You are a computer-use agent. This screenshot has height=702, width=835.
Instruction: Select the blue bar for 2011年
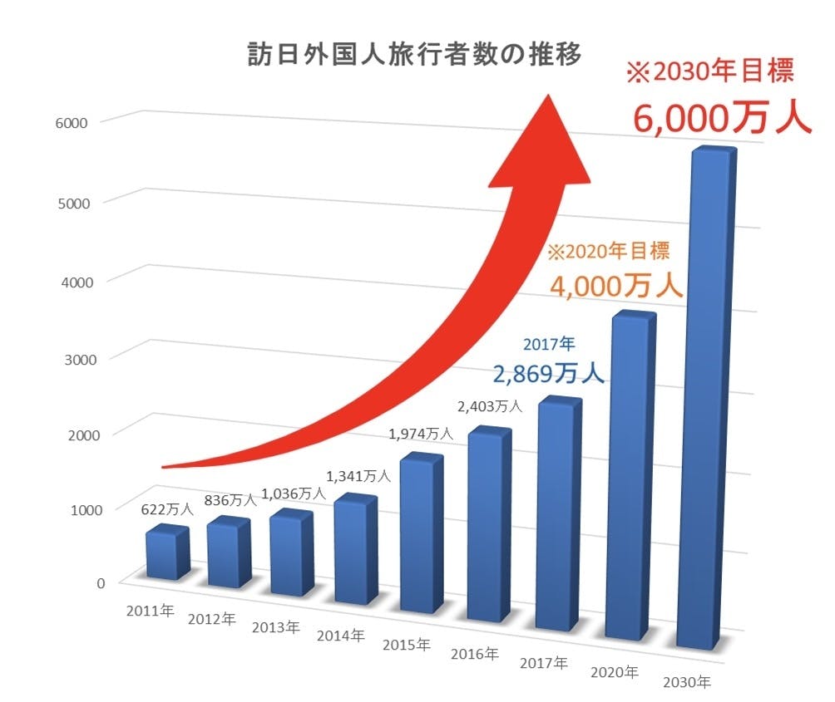[x=166, y=553]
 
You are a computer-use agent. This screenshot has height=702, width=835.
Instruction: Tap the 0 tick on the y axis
[x=100, y=582]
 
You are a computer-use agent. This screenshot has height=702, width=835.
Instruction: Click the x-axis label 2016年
[x=474, y=654]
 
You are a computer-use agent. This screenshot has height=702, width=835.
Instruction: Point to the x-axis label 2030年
[x=687, y=683]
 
